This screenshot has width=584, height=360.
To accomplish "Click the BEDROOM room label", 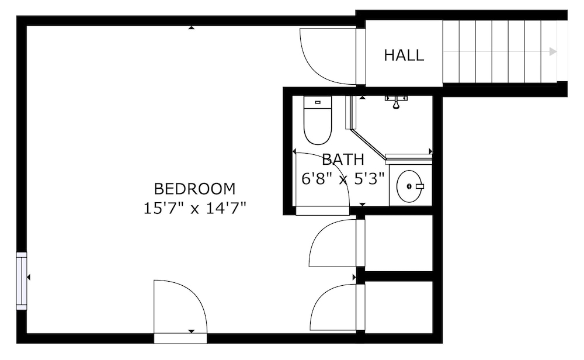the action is pyautogui.click(x=195, y=189).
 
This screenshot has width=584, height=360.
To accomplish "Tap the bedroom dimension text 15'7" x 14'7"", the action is pyautogui.click(x=195, y=208).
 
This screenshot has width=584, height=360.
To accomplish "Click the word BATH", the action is pyautogui.click(x=343, y=160).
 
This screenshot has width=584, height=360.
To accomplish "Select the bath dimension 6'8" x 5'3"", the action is pyautogui.click(x=343, y=179).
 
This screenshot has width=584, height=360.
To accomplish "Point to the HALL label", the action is pyautogui.click(x=404, y=55).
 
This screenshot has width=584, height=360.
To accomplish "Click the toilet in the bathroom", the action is pyautogui.click(x=318, y=120).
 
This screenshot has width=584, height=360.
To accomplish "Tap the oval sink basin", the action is pyautogui.click(x=409, y=186).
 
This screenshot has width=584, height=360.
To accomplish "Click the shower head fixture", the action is pyautogui.click(x=396, y=102).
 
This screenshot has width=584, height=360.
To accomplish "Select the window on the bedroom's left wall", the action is pyautogui.click(x=22, y=281).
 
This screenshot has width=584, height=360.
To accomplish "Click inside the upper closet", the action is pyautogui.click(x=398, y=243).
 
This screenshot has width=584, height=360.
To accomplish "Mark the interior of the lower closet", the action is pyautogui.click(x=398, y=307).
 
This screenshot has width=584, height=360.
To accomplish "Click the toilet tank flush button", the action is pyautogui.click(x=318, y=102).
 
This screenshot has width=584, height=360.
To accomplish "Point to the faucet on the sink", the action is pyautogui.click(x=420, y=186).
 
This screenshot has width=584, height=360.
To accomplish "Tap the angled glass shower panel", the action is pyautogui.click(x=369, y=145).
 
